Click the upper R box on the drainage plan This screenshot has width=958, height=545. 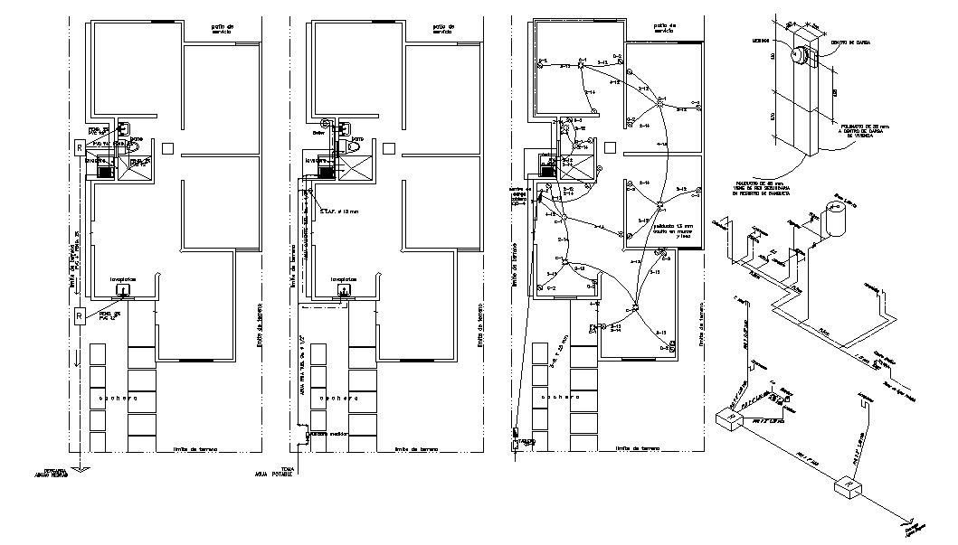click(81, 146)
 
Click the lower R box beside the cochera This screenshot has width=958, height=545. click(81, 315)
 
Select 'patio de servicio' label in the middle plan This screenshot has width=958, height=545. click(442, 30)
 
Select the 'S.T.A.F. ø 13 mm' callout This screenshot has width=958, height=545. click(340, 212)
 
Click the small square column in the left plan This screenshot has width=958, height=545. click(168, 146)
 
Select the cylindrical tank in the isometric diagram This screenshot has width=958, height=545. click(836, 219)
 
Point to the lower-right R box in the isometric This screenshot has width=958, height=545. click(846, 487)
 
